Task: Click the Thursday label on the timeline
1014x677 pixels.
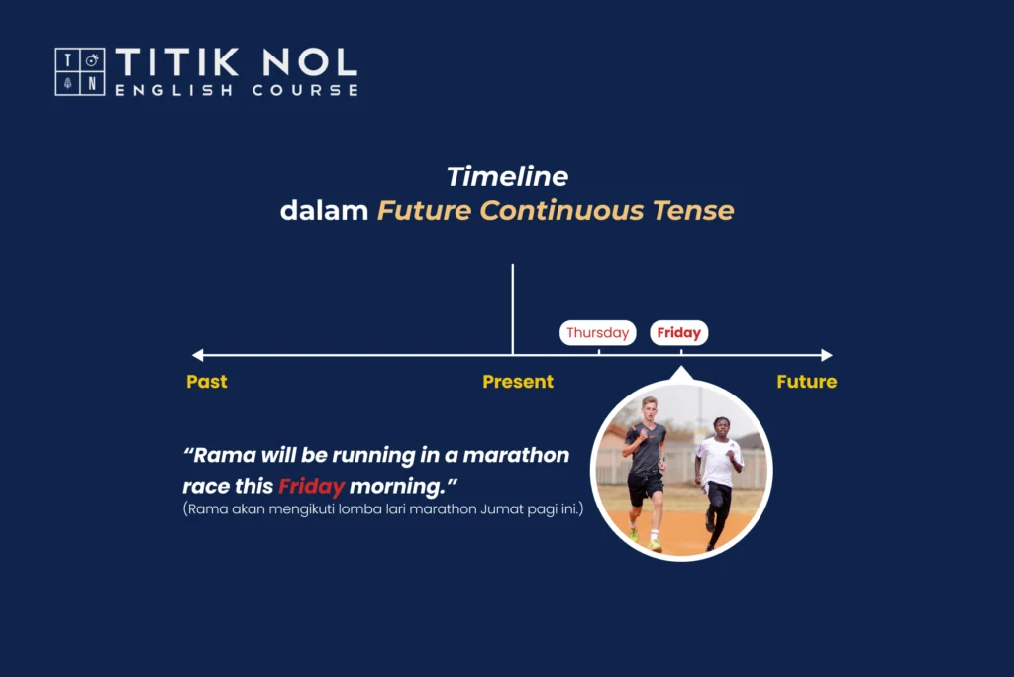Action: click(x=597, y=333)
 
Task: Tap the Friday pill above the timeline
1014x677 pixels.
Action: click(x=679, y=333)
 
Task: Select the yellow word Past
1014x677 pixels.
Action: click(x=207, y=382)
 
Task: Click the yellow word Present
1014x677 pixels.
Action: click(x=518, y=382)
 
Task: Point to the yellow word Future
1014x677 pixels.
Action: click(x=806, y=382)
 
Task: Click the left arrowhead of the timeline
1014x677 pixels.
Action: click(x=198, y=355)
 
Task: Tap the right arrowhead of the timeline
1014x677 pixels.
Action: click(x=827, y=355)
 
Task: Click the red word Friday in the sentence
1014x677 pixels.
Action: click(x=312, y=486)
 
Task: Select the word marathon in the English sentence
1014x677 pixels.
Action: click(x=516, y=455)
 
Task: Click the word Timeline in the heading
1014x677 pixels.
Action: click(x=508, y=176)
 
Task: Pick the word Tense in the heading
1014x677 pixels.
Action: click(x=693, y=210)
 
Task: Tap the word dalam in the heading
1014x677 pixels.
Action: click(x=324, y=210)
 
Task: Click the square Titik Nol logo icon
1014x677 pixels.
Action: click(x=80, y=71)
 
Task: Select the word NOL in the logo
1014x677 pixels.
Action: click(x=310, y=62)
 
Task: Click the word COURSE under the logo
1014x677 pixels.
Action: click(x=305, y=90)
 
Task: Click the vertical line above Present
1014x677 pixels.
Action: click(x=513, y=308)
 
